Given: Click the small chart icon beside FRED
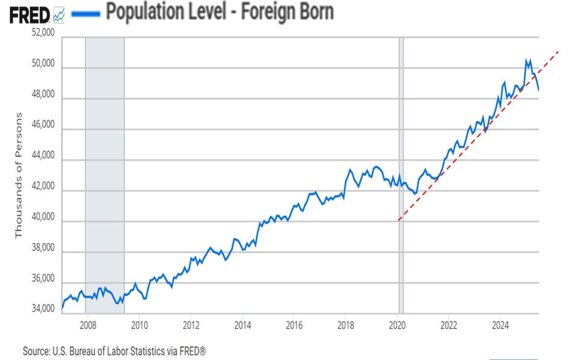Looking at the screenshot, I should point(59,13).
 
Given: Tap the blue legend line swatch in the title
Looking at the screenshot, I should point(84,13).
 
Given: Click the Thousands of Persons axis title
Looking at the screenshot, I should point(18,175).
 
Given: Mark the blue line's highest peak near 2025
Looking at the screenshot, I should point(526,59).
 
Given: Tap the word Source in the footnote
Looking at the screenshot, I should point(36,351).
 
